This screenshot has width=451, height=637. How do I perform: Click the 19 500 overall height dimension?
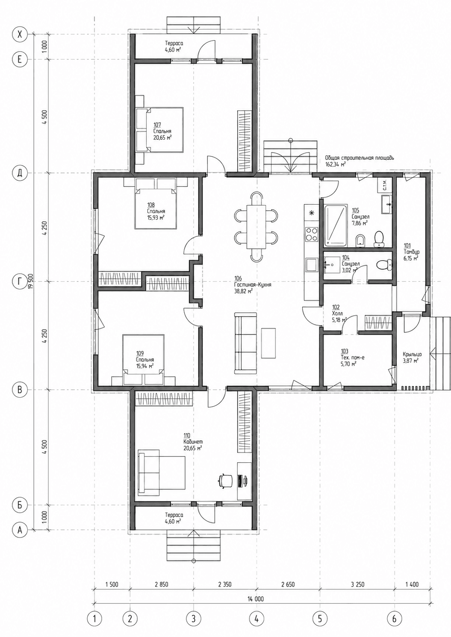point(31,281)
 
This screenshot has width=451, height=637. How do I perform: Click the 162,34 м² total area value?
point(336,164)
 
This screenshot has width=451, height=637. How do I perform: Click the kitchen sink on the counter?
point(311,264)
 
